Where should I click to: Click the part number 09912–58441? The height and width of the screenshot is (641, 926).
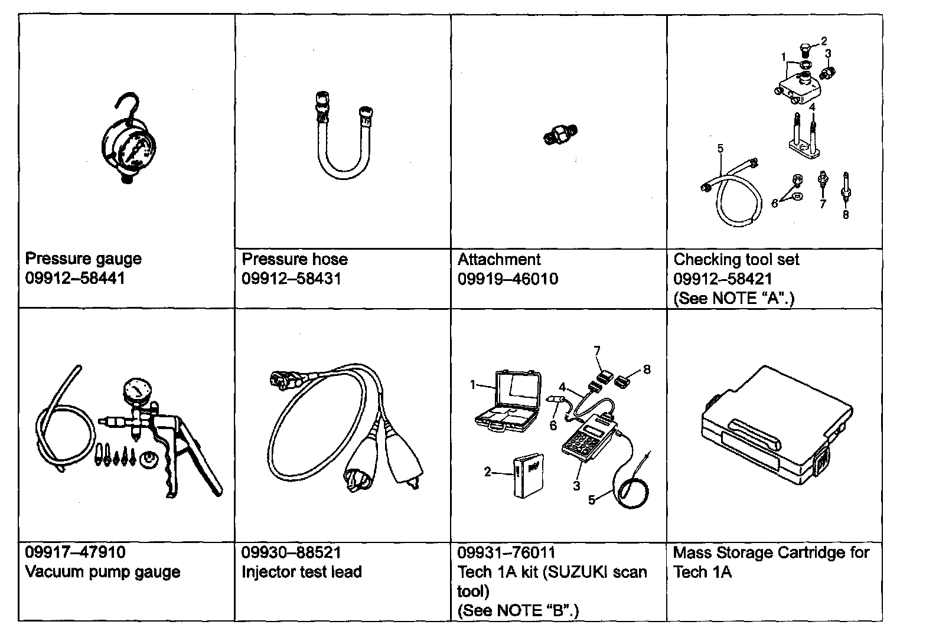point(75,278)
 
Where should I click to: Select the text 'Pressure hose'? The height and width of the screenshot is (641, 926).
point(295,259)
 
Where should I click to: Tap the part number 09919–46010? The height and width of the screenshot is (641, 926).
point(507,279)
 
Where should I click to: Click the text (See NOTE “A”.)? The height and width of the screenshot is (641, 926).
point(733,298)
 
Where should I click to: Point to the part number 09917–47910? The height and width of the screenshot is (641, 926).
point(75,552)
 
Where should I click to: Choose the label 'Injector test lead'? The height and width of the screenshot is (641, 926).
point(301,572)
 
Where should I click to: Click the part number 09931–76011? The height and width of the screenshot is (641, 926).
point(506,552)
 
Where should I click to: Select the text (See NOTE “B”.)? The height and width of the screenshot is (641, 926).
point(518,610)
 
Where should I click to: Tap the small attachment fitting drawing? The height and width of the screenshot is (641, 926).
point(559,135)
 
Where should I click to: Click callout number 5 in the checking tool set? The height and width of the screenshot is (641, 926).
point(720,148)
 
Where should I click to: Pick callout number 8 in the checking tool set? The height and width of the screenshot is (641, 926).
point(845,215)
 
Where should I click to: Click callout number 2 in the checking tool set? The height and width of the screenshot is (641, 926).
point(824,41)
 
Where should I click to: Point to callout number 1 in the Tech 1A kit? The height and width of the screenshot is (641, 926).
point(472,385)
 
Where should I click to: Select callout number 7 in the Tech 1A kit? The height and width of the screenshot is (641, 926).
point(597,351)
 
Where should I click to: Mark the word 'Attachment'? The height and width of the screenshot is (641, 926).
point(499,259)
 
